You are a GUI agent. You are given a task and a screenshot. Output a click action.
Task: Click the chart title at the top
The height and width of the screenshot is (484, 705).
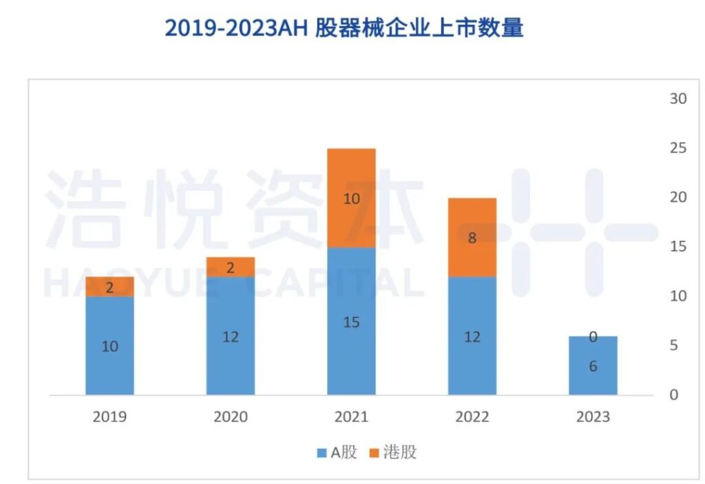tap(344, 28)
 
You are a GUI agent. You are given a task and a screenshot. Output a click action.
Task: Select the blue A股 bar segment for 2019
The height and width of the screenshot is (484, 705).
tap(110, 346)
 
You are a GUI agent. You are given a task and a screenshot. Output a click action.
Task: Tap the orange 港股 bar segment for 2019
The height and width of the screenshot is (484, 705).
tap(110, 286)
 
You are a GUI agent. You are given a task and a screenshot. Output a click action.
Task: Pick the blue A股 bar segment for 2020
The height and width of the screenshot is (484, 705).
tap(231, 336)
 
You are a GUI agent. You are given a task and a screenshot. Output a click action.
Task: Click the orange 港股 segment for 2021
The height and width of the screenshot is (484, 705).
tap(351, 198)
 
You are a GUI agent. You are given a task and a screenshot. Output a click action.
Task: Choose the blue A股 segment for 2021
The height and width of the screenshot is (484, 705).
tap(351, 321)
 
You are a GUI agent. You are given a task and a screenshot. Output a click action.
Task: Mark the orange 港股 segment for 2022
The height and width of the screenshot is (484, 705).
tap(472, 238)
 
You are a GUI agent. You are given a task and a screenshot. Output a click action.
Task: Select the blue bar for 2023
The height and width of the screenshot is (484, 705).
tap(593, 366)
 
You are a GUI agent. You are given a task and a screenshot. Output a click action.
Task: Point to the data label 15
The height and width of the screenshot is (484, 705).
tap(351, 322)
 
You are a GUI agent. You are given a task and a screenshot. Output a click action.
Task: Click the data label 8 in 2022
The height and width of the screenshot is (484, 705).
tap(472, 238)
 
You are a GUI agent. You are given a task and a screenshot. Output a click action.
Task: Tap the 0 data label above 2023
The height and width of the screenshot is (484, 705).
tap(593, 337)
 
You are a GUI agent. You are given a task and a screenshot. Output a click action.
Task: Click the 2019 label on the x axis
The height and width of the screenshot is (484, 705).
tap(110, 417)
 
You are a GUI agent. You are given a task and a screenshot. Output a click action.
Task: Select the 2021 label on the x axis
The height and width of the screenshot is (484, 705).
tap(351, 417)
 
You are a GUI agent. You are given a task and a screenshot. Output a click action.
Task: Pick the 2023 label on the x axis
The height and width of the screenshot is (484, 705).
tap(593, 417)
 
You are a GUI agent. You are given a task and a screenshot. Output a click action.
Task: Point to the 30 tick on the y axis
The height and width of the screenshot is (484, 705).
tap(678, 98)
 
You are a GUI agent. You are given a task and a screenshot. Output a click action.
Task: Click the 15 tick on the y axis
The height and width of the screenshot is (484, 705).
tap(678, 246)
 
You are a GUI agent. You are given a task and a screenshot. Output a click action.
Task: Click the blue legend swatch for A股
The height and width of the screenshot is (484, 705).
tap(322, 453)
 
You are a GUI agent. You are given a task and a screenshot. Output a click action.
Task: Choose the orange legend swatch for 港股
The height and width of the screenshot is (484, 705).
tap(374, 453)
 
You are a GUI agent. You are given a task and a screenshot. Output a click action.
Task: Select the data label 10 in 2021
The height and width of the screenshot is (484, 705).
tap(351, 199)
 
